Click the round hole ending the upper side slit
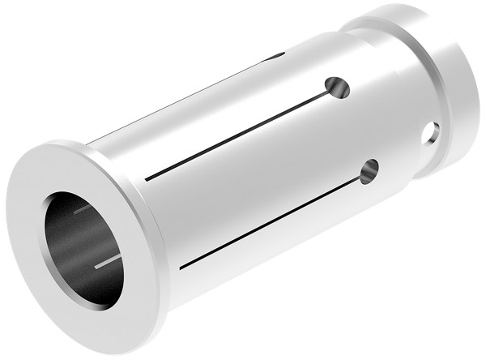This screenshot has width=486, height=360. pyautogui.click(x=334, y=86)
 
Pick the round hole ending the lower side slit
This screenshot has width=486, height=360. pyautogui.click(x=370, y=170)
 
